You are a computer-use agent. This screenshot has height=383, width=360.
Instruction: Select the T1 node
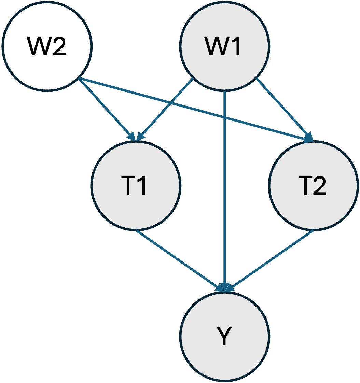coord(136,185)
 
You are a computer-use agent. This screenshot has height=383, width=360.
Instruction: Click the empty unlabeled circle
coord(47,46)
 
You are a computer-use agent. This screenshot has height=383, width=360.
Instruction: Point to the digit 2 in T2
coord(320,186)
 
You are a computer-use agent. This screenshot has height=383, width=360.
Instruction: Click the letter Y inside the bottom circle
coord(224,336)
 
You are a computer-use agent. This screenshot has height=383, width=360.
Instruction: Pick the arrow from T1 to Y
coord(178,259)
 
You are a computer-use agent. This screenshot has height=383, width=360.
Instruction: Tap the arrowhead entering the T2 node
coord(308,138)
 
